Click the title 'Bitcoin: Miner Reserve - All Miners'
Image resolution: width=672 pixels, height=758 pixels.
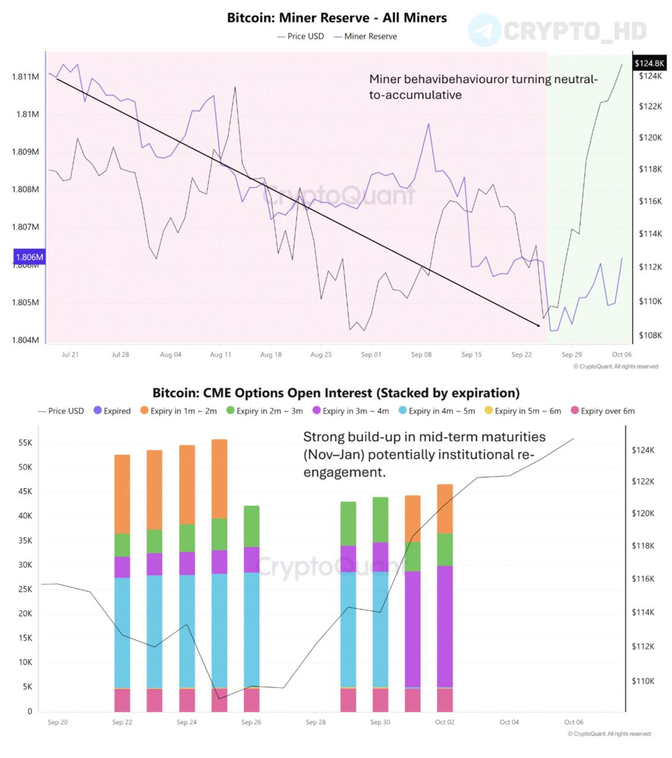tap(337, 18)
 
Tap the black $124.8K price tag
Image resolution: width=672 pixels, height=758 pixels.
tap(649, 63)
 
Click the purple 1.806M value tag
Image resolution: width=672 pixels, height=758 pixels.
tap(29, 257)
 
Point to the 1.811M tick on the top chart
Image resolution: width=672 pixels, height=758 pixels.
tap(25, 76)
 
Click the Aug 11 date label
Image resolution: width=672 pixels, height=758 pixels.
tap(220, 355)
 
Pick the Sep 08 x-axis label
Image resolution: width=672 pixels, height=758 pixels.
tap(421, 355)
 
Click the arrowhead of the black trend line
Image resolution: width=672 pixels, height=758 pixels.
tap(537, 325)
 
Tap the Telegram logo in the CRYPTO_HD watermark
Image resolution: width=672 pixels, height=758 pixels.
tap(484, 31)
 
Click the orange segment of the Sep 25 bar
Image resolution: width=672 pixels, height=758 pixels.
tap(219, 479)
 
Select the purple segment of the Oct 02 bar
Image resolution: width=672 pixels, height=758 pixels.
tap(445, 626)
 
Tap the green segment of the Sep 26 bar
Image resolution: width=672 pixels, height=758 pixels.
tap(252, 526)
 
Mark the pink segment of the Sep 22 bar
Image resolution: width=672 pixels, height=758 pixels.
tap(122, 700)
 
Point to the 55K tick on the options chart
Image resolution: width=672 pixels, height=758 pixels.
tap(25, 443)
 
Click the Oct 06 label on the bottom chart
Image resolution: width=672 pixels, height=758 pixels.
tap(574, 722)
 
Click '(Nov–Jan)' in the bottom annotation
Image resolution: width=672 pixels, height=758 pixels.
tap(329, 455)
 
